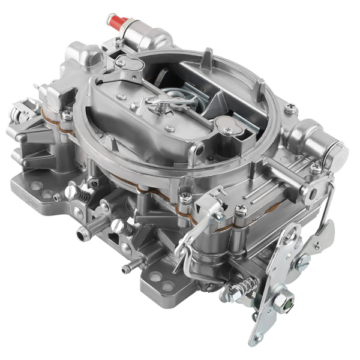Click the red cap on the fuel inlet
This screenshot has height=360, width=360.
click(116, 23)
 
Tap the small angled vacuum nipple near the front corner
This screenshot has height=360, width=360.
click(127, 269)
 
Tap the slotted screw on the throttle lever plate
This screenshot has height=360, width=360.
click(303, 259)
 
